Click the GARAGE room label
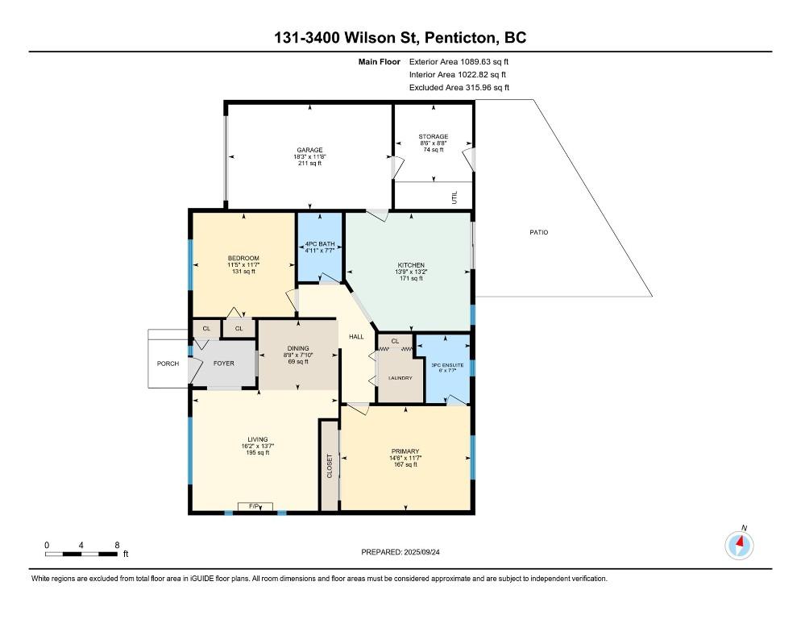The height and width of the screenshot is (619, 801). click(309, 150)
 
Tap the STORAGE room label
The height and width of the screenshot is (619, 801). click(434, 136)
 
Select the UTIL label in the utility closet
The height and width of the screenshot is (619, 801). click(454, 197)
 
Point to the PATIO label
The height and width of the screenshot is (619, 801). click(538, 232)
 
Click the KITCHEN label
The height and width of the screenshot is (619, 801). click(411, 265)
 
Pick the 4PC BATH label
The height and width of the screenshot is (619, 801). click(320, 244)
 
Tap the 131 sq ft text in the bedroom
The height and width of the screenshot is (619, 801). click(243, 272)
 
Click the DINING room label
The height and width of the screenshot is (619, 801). click(298, 349)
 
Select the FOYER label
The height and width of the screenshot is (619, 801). click(224, 364)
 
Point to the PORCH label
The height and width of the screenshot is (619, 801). click(168, 364)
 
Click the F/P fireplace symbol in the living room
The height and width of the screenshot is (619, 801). click(255, 506)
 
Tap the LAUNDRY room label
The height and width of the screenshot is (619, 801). click(400, 378)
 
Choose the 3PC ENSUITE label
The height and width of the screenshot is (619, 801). click(447, 365)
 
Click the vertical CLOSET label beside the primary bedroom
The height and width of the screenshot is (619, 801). click(330, 466)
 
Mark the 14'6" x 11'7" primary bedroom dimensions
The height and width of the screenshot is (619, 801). click(405, 458)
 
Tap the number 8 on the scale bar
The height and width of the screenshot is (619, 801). click(117, 546)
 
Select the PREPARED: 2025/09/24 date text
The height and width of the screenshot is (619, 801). click(400, 552)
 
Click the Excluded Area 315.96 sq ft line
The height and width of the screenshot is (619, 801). click(459, 87)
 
